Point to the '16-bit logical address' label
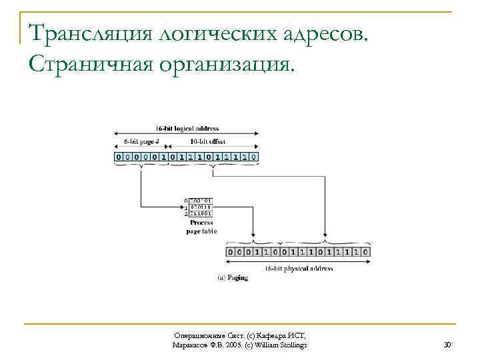pos(187,128)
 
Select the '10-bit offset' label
pos(208,141)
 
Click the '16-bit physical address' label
pos(299,269)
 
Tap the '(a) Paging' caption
pos(233,277)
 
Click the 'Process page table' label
pos(201,227)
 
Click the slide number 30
pos(447,345)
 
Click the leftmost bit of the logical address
pos(119,157)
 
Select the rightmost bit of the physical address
pos(365,253)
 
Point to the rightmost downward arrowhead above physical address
pos(324,239)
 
